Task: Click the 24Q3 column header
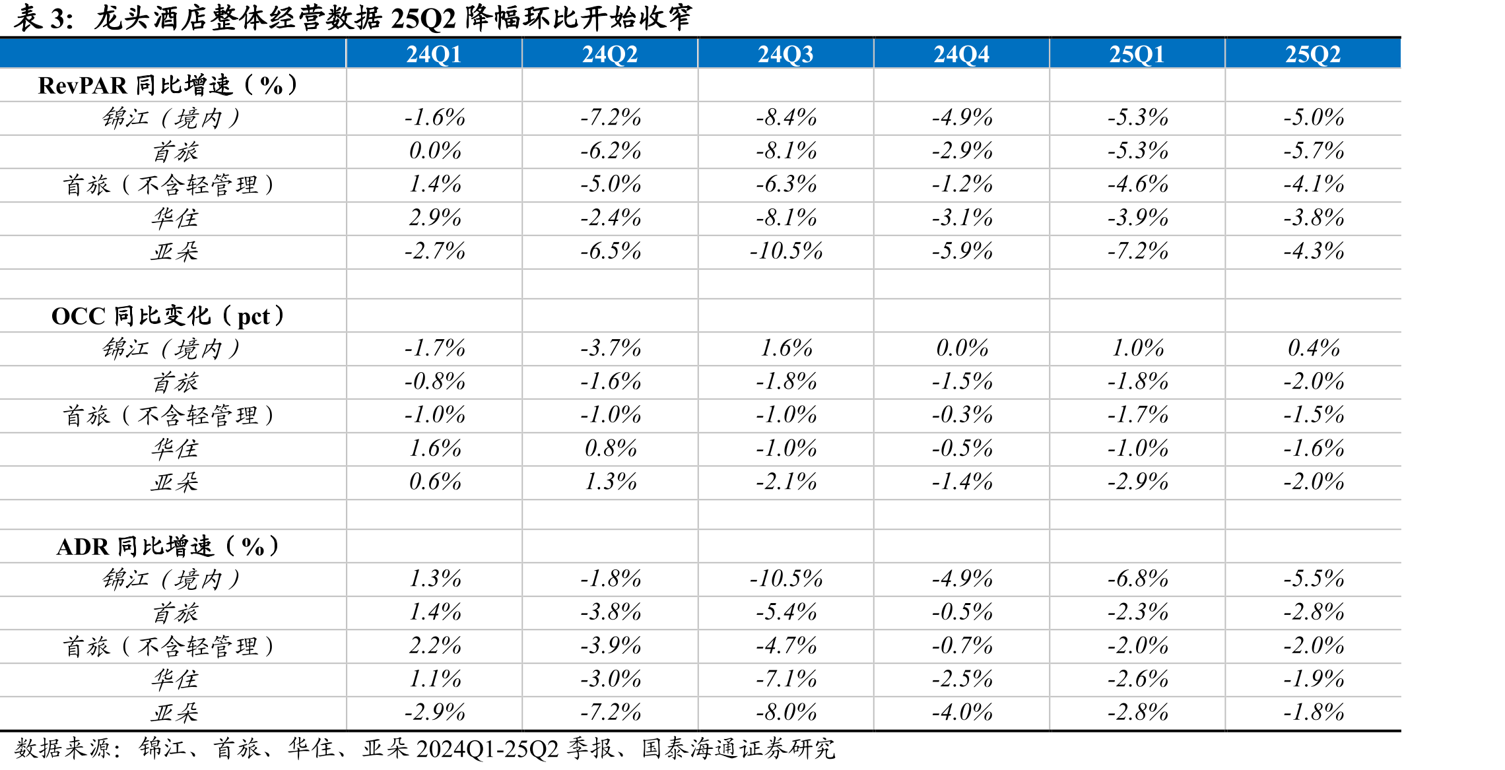pos(786,54)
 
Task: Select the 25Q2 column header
pos(1313,54)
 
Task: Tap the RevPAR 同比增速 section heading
pos(168,85)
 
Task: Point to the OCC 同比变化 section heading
pos(168,316)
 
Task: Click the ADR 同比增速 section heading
pos(168,546)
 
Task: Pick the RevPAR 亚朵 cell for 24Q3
pos(786,251)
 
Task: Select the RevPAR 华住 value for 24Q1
pos(434,217)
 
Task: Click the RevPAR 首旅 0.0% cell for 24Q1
pos(434,150)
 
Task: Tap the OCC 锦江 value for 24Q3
pos(786,348)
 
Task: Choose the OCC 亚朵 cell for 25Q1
pos(1137,482)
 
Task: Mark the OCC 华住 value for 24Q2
pos(611,449)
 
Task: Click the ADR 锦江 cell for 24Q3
pos(786,579)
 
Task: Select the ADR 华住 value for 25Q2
pos(1313,678)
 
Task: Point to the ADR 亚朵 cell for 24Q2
pos(611,712)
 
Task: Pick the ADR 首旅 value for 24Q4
pos(962,612)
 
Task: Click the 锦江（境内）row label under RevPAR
pos(172,118)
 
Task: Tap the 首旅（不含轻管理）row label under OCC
pos(168,415)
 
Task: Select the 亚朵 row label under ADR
pos(174,713)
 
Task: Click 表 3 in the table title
pos(44,18)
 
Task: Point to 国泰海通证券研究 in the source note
pos(738,749)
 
